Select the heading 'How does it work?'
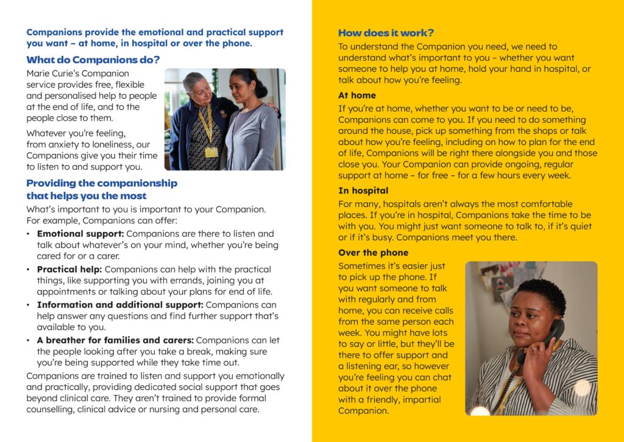tap(386, 33)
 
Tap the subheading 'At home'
tap(357, 96)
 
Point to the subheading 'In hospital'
tap(363, 191)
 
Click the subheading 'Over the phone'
tap(373, 253)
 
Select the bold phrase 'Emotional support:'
tap(80, 234)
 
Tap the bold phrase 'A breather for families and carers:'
tap(115, 340)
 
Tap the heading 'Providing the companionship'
tap(102, 183)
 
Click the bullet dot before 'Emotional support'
tap(29, 234)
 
